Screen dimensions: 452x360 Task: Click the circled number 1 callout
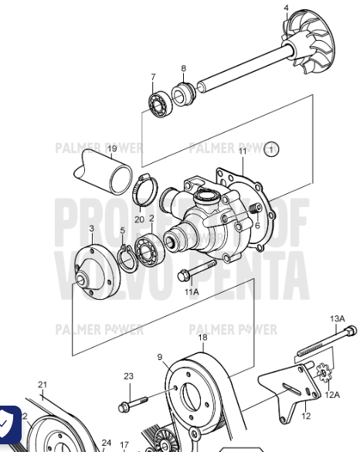[271, 148]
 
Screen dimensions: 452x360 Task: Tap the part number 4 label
[286, 8]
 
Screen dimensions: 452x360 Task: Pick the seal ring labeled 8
[182, 95]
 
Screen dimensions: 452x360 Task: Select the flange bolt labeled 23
[132, 403]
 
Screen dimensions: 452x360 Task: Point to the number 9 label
[159, 357]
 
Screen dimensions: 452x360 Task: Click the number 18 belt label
[202, 338]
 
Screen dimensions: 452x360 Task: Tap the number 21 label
[42, 385]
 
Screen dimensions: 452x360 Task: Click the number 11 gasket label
[241, 151]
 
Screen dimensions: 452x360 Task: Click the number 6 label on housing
[257, 226]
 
